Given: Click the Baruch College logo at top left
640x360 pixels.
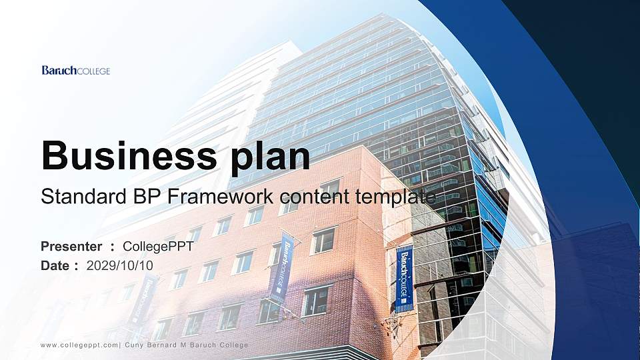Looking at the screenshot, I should pos(75,71).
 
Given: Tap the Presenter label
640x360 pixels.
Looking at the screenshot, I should pos(71,247).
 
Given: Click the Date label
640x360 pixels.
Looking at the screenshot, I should pos(55,265).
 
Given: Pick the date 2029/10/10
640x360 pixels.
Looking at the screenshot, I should pos(120,265).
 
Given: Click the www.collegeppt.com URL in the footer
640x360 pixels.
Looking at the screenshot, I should pos(79,345).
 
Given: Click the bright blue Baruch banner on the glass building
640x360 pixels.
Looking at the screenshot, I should pos(404,278).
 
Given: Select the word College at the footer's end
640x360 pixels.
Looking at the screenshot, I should pos(233,345).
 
